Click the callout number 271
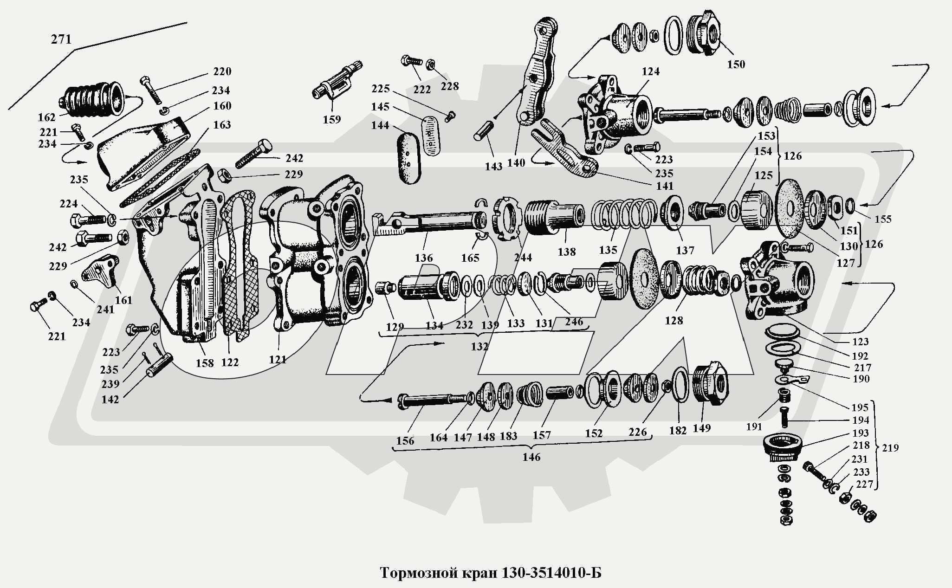(61, 39)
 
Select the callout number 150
(736, 64)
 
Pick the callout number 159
(332, 119)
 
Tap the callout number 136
(424, 258)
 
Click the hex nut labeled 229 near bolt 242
(225, 176)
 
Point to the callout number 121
(278, 359)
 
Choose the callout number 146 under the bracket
(531, 457)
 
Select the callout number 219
(890, 448)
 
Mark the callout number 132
(479, 347)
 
